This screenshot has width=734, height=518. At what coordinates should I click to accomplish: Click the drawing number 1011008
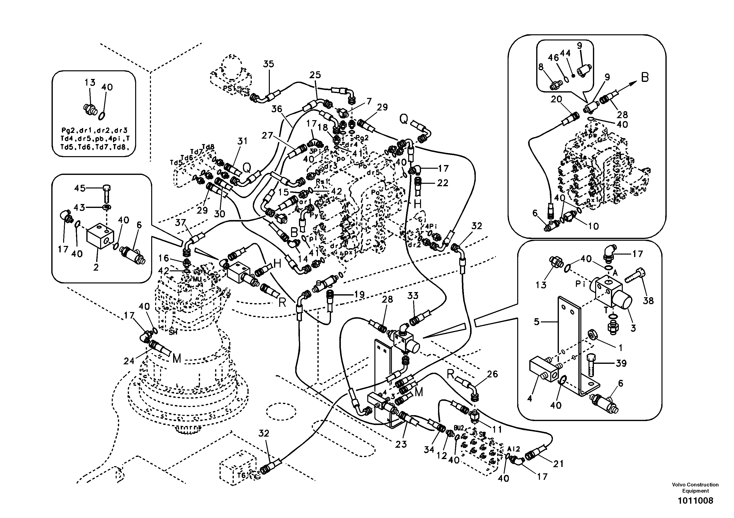click(x=695, y=500)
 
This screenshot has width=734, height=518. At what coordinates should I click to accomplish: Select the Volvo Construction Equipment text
click(x=695, y=488)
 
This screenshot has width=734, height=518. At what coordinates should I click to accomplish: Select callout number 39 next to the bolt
click(x=621, y=363)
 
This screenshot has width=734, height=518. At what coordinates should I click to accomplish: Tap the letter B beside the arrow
click(x=645, y=77)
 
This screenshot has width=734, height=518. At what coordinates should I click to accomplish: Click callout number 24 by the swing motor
click(x=129, y=361)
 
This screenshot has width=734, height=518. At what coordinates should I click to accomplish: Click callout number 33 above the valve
click(x=413, y=296)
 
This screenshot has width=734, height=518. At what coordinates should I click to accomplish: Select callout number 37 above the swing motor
click(x=181, y=222)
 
